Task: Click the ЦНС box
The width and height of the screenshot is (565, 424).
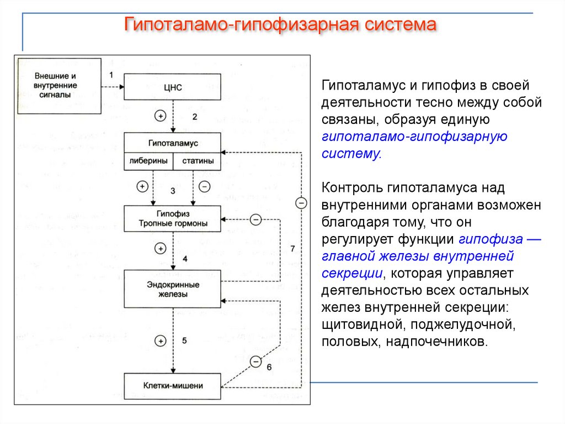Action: tap(173, 87)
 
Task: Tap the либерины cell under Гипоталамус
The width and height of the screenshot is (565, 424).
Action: tap(148, 161)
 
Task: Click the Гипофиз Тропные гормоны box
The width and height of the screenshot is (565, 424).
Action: tap(173, 218)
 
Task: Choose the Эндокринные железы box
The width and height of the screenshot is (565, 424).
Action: tap(173, 289)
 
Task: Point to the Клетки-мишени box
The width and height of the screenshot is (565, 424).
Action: tap(173, 386)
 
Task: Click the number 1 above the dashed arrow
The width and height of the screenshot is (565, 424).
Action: tap(110, 74)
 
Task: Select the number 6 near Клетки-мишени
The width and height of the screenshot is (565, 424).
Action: tap(269, 367)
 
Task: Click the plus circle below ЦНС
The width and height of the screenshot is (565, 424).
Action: tap(160, 116)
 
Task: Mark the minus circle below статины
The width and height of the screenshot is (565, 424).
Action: tap(204, 186)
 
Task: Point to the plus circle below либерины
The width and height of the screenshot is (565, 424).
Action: tap(142, 186)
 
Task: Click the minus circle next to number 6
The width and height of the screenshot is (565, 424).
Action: tap(255, 362)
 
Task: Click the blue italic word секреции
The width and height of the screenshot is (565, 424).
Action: tap(353, 273)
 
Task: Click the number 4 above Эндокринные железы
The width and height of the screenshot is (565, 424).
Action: tap(185, 259)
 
